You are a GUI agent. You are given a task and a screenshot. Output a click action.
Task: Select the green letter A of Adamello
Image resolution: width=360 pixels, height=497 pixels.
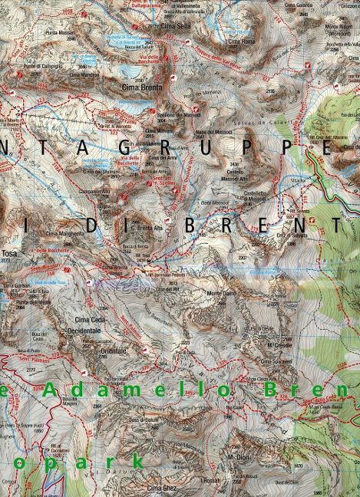49,390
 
